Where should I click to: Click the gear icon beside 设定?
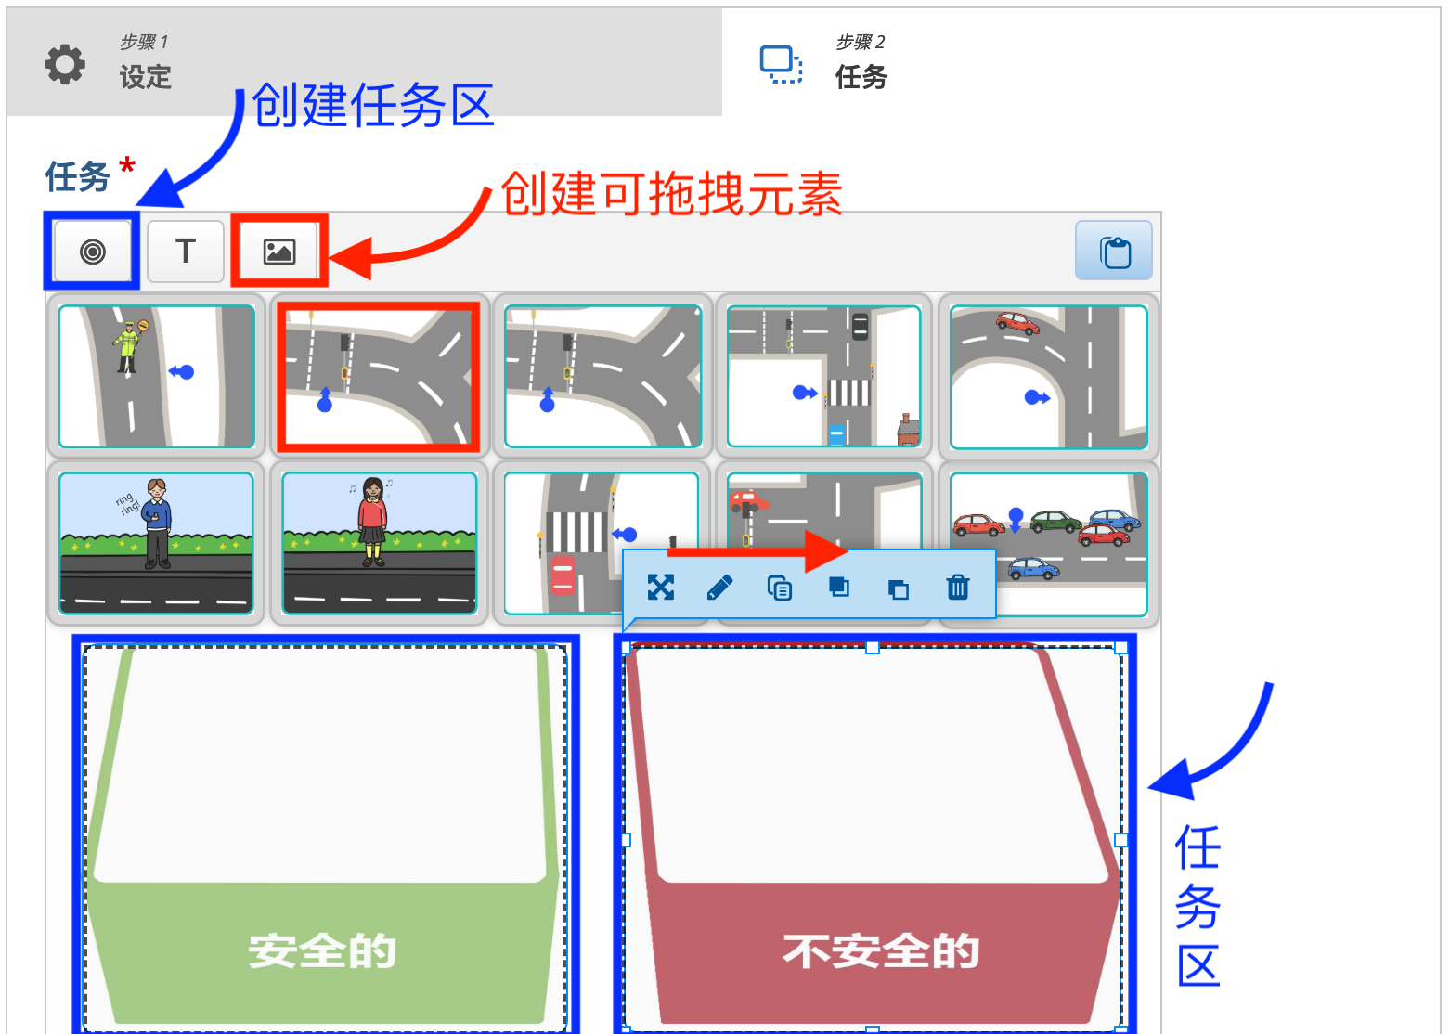(x=65, y=64)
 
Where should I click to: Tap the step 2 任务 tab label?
(x=861, y=76)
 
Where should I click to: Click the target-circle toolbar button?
(x=93, y=252)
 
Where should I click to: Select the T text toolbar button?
(x=186, y=251)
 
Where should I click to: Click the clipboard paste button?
(x=1114, y=252)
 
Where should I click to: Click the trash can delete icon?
(x=957, y=588)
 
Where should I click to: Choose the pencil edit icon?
(x=719, y=588)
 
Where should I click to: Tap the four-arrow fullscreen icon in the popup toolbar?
(x=660, y=588)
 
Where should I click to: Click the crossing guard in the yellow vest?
(x=126, y=345)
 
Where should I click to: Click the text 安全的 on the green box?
(x=322, y=951)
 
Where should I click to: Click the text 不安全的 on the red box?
(x=881, y=951)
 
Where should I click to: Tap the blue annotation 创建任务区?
(x=372, y=105)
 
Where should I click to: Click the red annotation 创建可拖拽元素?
(x=671, y=194)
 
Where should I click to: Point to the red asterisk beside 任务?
(x=127, y=167)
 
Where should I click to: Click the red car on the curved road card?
(x=1016, y=322)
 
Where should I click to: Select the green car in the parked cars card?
(x=1055, y=522)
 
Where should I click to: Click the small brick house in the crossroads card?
(x=908, y=430)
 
